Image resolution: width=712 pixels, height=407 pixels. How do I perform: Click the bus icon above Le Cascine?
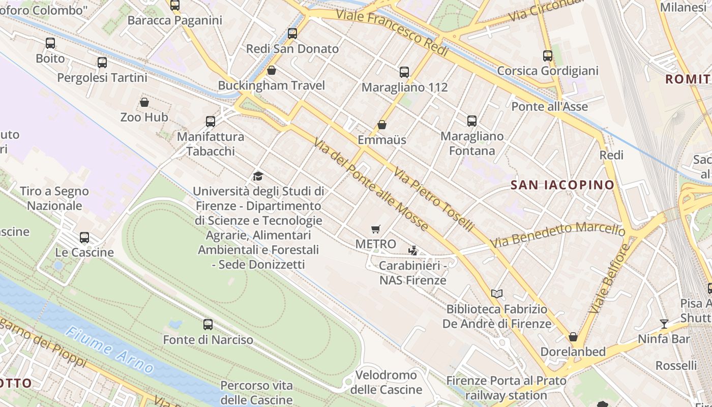tap(84, 238)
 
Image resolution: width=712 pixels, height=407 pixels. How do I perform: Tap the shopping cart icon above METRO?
tap(376, 229)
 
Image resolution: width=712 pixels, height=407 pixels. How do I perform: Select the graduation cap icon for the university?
tap(258, 177)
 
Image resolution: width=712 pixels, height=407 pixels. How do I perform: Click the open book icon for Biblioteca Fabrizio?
tap(497, 294)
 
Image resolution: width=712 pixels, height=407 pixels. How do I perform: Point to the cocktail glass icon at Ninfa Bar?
tap(664, 324)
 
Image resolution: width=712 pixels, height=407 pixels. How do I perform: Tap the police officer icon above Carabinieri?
tap(413, 250)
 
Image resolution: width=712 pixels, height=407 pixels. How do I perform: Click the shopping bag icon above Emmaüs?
tap(382, 125)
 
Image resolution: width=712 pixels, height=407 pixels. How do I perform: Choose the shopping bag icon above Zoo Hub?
tap(144, 102)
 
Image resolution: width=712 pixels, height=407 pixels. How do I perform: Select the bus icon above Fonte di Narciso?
tap(207, 325)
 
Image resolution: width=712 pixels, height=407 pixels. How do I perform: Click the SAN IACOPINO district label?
tap(562, 185)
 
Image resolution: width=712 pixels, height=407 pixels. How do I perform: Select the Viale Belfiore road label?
tap(609, 278)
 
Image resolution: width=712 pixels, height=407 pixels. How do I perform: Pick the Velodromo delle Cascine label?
tap(386, 383)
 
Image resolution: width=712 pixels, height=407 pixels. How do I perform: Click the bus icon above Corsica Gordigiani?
tap(548, 56)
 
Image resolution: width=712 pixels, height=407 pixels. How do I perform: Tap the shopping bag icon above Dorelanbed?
tap(573, 337)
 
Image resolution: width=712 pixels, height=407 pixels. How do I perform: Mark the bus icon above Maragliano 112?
tap(404, 72)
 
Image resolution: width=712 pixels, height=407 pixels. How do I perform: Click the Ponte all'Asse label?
tap(549, 107)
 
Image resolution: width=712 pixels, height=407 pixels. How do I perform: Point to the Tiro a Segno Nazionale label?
tap(54, 198)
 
